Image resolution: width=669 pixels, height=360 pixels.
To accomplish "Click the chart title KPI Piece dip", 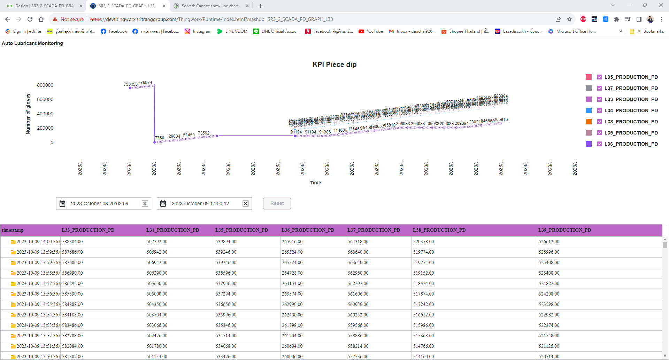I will (334, 64).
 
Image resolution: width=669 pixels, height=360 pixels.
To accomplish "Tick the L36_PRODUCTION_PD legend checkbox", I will (600, 144).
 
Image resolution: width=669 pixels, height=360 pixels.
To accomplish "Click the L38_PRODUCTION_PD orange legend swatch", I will (589, 122).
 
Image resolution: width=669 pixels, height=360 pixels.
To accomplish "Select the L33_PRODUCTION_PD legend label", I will (631, 99).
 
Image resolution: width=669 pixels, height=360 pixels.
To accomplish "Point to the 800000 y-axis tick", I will (45, 85).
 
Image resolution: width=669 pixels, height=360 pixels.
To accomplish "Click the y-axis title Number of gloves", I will (28, 114).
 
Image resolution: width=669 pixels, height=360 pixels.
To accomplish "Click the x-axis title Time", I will (315, 183).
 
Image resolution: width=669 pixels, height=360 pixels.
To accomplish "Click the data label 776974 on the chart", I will (145, 83).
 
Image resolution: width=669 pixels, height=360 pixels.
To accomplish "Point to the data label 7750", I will (160, 138).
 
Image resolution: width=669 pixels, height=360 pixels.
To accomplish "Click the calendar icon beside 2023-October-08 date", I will (62, 204).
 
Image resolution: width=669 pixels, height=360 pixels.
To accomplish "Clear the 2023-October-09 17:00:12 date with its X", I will (246, 204).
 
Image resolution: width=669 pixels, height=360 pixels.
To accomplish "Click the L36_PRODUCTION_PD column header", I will (308, 230).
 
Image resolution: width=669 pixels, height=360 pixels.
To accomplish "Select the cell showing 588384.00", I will (72, 242).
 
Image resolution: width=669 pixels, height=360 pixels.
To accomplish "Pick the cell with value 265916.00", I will (292, 242).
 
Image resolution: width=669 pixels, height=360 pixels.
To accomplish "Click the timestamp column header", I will (13, 230).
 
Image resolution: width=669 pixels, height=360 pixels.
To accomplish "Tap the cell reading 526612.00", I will (549, 242).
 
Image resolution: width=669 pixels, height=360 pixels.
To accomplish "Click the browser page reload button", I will (30, 19).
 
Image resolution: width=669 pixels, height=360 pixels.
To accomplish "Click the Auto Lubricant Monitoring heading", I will (32, 43).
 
